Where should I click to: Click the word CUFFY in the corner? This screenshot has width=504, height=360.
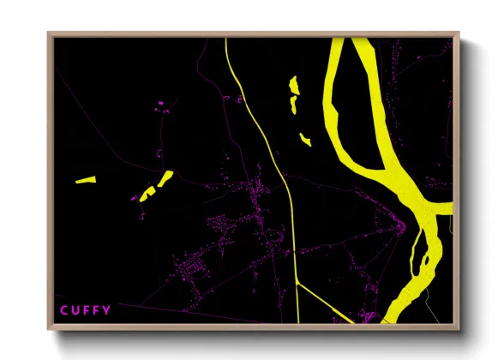click(85, 310)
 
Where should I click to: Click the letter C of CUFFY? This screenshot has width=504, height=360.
click(63, 310)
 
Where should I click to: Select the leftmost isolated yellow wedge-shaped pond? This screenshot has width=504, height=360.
click(85, 180)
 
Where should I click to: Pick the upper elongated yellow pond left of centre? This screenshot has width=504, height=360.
click(164, 178)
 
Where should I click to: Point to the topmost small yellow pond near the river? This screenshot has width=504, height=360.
click(294, 85)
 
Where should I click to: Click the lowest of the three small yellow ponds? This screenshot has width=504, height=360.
click(304, 138)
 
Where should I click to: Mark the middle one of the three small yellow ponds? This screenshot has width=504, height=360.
click(292, 104)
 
